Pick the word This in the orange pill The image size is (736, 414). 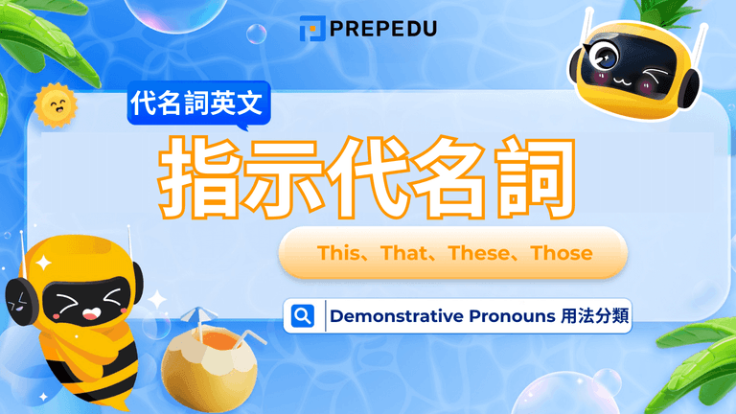coord(335,254)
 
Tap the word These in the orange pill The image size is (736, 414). coord(480,254)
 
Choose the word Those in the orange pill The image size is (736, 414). coord(561,254)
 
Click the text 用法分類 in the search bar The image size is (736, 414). coord(594,316)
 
